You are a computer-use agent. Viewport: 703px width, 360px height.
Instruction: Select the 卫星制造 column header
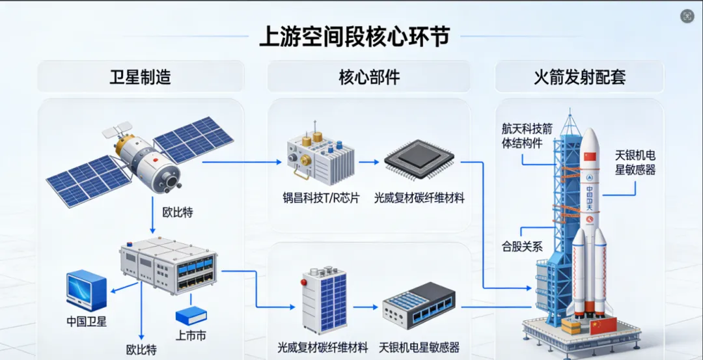(x=140, y=77)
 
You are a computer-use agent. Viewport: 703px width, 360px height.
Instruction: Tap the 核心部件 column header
(x=369, y=77)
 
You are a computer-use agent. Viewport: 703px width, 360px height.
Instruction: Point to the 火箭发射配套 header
(x=579, y=77)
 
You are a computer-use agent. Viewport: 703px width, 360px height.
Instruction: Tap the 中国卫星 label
(x=87, y=321)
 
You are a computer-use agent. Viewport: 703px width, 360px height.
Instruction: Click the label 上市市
(x=191, y=335)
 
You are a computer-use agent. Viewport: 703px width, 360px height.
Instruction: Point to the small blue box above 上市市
(x=191, y=315)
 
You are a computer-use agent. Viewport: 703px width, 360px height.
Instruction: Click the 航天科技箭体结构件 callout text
(x=526, y=136)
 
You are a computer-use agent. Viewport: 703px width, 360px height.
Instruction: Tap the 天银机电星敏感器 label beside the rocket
(x=635, y=162)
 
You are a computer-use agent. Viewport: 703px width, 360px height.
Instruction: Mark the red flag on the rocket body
(x=590, y=156)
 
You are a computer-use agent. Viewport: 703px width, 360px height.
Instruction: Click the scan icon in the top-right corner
(x=687, y=16)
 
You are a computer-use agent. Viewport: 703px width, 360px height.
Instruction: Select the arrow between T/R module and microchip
(x=368, y=165)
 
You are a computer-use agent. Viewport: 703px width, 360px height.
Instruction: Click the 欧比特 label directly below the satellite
(x=177, y=212)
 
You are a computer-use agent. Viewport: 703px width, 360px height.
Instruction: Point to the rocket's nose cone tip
(x=590, y=130)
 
